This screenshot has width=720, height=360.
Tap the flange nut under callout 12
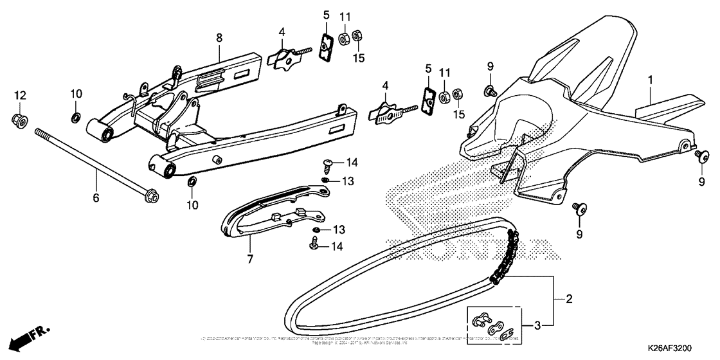click(19, 120)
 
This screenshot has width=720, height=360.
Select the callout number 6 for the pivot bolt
click(96, 198)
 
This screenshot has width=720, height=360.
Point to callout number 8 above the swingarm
click(219, 38)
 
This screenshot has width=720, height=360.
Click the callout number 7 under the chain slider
click(250, 260)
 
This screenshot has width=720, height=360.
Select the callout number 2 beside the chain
click(568, 298)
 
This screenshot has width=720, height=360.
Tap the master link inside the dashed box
click(492, 325)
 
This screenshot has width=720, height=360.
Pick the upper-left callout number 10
click(76, 94)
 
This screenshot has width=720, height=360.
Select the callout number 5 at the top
click(327, 15)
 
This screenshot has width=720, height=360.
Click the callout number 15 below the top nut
click(358, 59)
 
